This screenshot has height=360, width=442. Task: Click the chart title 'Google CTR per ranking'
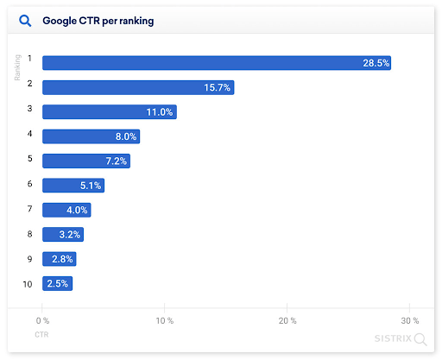98,20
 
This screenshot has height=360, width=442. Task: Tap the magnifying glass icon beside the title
25,20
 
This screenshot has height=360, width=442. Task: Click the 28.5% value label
376,62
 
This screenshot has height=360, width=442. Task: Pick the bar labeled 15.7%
138,87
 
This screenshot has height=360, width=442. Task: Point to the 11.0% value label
159,112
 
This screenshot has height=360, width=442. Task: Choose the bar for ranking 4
91,136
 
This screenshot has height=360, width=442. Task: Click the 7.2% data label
113,161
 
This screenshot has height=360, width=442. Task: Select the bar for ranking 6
73,185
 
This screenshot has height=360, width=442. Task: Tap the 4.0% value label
75,210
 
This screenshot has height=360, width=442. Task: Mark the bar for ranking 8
62,234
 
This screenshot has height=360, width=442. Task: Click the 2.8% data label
61,258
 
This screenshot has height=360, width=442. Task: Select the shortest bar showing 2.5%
57,283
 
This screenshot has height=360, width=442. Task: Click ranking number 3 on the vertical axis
29,109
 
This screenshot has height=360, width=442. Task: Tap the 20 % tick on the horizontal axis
287,320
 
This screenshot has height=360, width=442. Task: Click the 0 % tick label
43,320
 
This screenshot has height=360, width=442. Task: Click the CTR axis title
41,333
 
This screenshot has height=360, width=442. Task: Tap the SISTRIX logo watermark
400,338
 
